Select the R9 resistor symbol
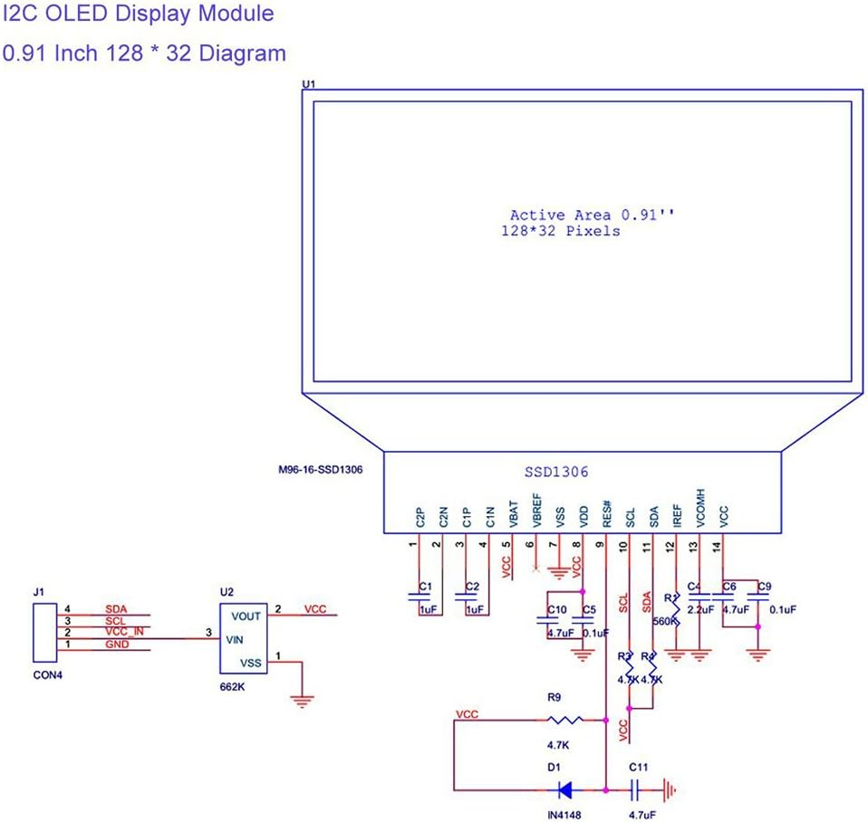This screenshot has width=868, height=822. (x=566, y=721)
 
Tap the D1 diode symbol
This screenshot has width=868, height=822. (x=564, y=789)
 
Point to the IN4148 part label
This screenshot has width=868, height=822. (x=564, y=815)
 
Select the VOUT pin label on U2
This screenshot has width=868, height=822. (x=246, y=616)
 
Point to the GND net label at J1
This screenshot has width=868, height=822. (x=116, y=645)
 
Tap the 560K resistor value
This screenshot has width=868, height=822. (x=665, y=621)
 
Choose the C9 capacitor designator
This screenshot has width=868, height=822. (x=764, y=587)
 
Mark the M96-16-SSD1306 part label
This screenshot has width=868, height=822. (x=322, y=471)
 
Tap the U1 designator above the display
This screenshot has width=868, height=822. (x=308, y=84)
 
